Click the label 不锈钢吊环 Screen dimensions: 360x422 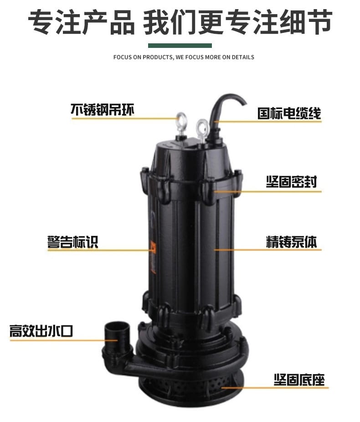(102, 109)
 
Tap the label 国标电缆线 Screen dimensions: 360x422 (289, 113)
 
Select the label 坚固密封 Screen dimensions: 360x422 (292, 182)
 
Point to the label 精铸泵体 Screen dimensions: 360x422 (292, 242)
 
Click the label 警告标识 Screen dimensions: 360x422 (73, 242)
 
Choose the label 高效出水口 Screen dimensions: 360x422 (41, 331)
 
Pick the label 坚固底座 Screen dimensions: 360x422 (299, 380)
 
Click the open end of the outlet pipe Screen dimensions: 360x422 (117, 327)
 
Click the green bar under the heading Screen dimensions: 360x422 (180, 46)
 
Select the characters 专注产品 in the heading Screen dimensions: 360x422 (81, 22)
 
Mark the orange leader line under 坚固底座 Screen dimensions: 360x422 (275, 388)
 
